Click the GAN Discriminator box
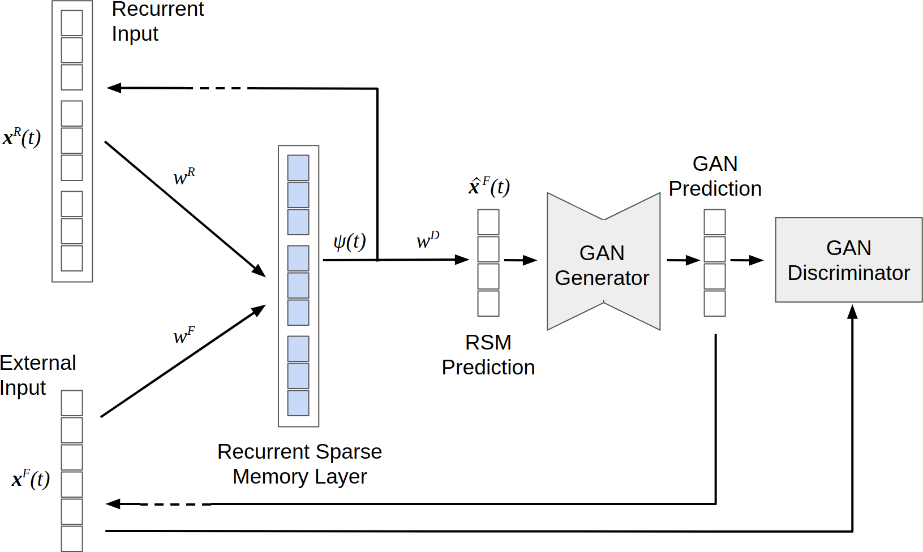[848, 260]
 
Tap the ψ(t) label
[349, 241]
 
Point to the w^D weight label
[427, 240]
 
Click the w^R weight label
[184, 177]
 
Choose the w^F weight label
[184, 336]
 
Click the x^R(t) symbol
[22, 137]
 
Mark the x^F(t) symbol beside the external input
[31, 479]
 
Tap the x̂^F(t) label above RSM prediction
[489, 186]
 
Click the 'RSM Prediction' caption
[488, 355]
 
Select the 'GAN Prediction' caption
[715, 176]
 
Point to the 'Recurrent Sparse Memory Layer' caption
[299, 464]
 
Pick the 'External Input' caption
[37, 375]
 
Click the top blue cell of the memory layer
[298, 168]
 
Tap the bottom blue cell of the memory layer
[298, 403]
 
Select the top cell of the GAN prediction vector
[715, 222]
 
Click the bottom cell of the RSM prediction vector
[488, 304]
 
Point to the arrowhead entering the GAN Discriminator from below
[852, 312]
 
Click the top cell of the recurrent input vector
[72, 23]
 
